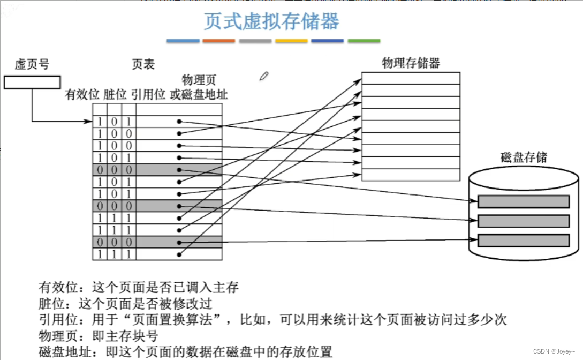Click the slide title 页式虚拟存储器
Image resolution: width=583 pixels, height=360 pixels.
click(271, 22)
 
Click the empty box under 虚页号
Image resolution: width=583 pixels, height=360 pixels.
click(32, 82)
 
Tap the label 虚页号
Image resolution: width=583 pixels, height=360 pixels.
click(32, 65)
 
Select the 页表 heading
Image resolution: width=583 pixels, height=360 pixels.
click(143, 65)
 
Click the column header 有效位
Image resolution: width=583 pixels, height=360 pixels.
click(82, 95)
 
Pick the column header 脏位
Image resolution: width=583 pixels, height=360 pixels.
click(115, 95)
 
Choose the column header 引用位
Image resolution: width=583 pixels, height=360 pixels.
click(148, 95)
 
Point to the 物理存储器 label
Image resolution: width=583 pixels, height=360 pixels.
click(411, 63)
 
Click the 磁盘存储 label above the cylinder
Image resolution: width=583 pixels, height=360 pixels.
click(524, 157)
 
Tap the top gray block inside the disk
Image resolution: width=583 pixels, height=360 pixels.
click(523, 201)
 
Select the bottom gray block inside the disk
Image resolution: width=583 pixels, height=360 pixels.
click(523, 241)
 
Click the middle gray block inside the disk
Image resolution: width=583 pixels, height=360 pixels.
click(523, 221)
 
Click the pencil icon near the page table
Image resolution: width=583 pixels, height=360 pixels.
click(263, 76)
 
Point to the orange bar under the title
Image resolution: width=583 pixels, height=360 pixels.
click(218, 41)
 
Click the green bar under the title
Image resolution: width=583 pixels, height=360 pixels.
click(364, 41)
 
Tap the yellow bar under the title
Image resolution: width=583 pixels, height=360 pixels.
click(291, 41)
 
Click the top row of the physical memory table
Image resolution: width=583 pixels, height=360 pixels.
click(411, 78)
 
